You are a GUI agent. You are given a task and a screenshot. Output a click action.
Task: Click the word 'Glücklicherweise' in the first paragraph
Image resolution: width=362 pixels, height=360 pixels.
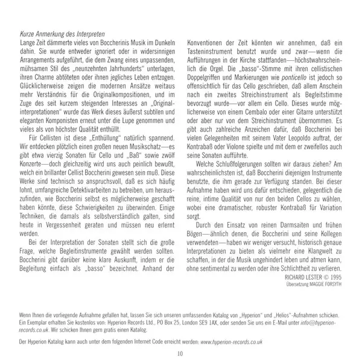click(40, 86)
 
